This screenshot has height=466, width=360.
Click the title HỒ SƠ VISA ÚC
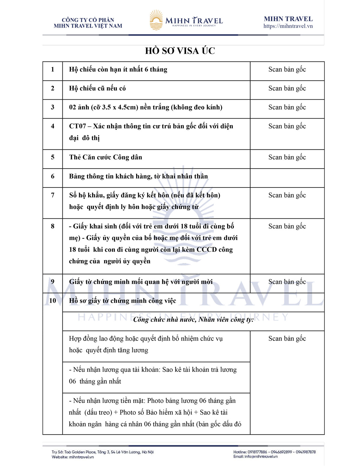click(x=180, y=51)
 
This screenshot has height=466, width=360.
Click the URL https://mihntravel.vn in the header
click(x=288, y=26)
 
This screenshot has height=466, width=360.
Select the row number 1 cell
click(x=52, y=70)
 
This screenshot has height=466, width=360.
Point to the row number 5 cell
click(x=52, y=157)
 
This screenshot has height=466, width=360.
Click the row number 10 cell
click(x=52, y=301)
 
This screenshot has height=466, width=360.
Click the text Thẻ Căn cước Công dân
click(x=106, y=157)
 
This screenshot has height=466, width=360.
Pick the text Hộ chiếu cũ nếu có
click(x=97, y=89)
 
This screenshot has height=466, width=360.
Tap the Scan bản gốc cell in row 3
click(x=287, y=107)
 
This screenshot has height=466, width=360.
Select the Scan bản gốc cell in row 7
click(x=287, y=195)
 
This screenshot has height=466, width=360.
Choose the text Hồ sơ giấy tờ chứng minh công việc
click(x=122, y=301)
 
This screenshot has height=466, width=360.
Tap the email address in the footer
click(x=256, y=457)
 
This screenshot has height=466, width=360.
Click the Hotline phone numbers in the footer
click(x=274, y=452)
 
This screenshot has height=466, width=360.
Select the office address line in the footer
click(x=102, y=452)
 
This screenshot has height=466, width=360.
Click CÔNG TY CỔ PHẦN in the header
click(x=88, y=20)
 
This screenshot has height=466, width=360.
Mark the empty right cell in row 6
click(x=287, y=178)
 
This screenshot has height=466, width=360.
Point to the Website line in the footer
click(x=73, y=457)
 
